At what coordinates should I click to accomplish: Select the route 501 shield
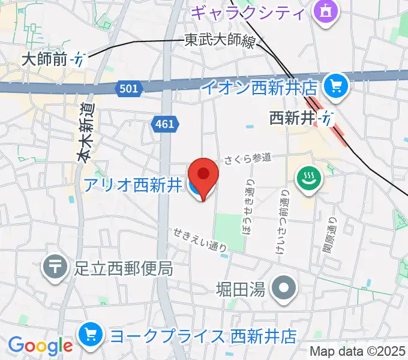[128, 89]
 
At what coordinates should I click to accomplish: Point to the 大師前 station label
[46, 59]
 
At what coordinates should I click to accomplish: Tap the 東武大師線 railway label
[219, 41]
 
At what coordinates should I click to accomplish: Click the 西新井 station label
[292, 118]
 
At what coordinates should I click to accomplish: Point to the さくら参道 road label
[248, 158]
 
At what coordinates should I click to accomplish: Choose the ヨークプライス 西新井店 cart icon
[91, 334]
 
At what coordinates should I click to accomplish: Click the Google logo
[40, 346]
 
